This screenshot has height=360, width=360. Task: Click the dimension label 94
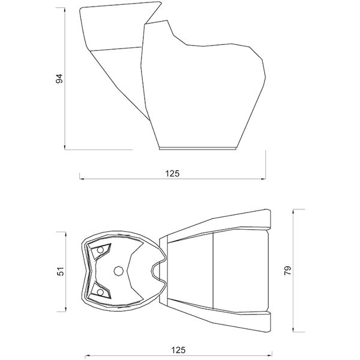(59, 79)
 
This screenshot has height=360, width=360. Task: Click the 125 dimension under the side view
(172, 173)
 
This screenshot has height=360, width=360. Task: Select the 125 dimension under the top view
(178, 350)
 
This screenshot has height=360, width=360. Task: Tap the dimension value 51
(61, 271)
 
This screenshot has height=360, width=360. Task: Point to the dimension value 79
(287, 271)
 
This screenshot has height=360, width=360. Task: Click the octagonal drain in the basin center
(119, 271)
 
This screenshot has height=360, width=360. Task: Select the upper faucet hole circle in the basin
(100, 250)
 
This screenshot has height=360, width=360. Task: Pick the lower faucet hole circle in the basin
(100, 292)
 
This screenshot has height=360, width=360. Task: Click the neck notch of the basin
(154, 271)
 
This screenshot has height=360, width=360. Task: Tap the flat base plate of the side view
(197, 148)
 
